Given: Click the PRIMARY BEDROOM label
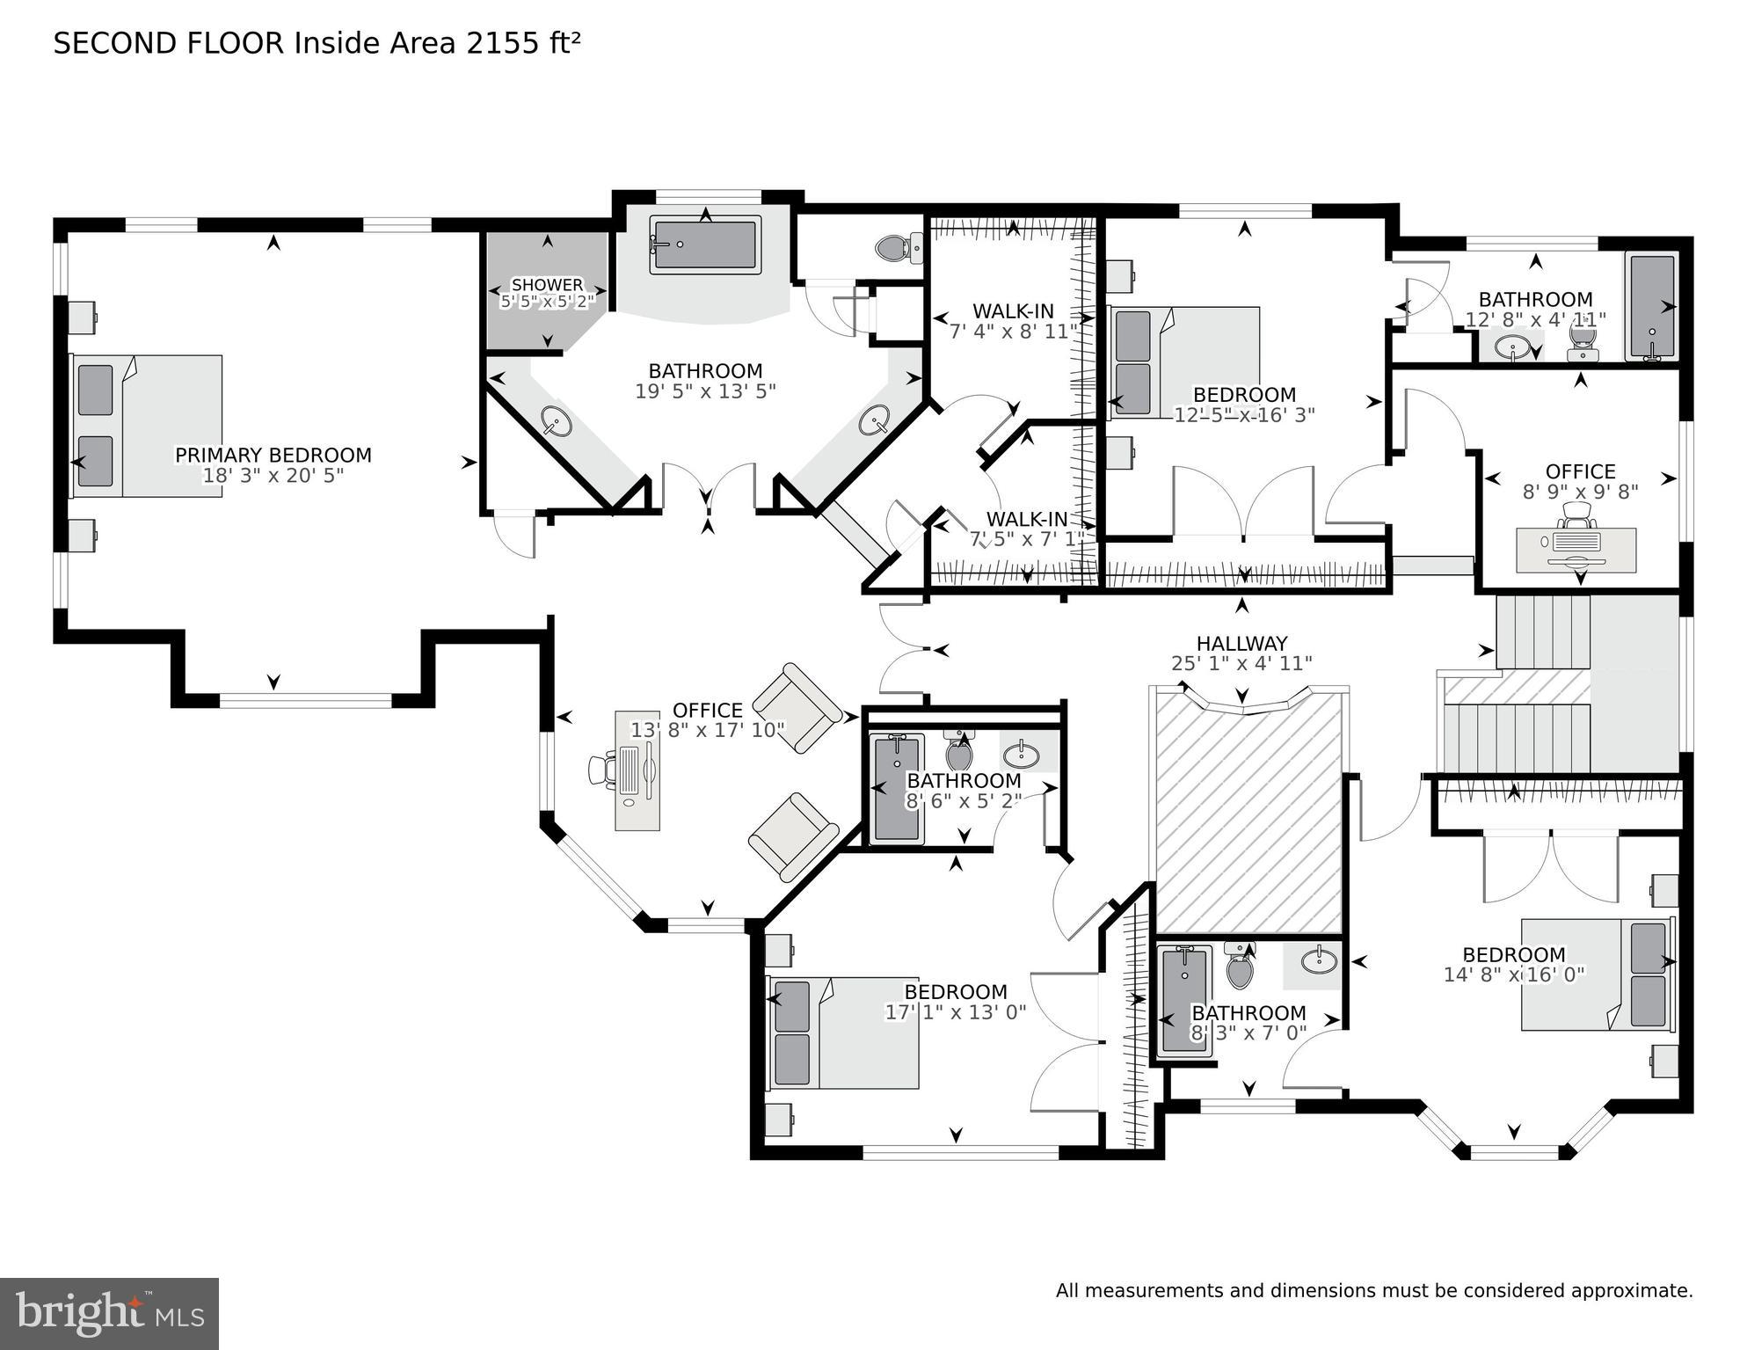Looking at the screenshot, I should pos(273,455).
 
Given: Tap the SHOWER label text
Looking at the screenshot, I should pos(547,285).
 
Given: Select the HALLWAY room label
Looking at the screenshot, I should pos(1241,644).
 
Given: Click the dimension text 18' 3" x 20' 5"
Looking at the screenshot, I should pos(273,476).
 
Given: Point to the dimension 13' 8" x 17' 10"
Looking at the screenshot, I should pos(707,730).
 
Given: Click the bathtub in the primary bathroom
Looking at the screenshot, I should pos(705,244).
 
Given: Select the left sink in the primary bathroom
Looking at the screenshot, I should pos(556,421).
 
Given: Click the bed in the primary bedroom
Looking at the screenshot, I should pos(147,426).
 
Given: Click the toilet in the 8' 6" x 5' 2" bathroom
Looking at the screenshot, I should pos(958,753).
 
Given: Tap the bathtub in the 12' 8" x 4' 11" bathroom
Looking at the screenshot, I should pos(1651,307).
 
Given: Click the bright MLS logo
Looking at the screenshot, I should pos(109,1313).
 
